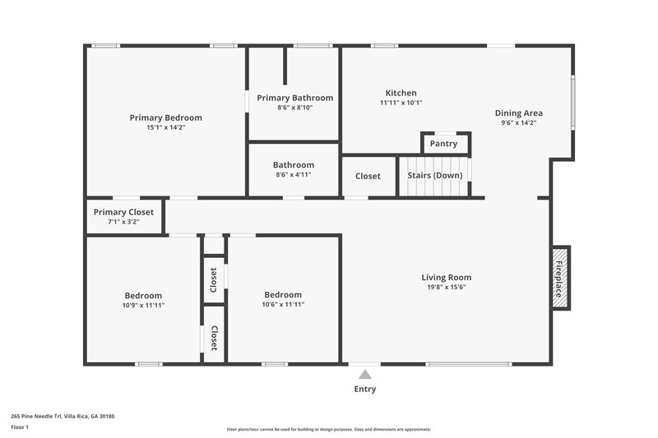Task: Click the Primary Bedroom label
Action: coord(165,118)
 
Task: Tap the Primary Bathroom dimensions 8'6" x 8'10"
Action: coord(294,108)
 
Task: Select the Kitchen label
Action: coord(401,93)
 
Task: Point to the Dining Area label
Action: coord(518,113)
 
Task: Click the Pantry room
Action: coord(444,144)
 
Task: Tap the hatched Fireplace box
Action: coord(559,277)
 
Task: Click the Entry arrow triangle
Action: coord(364,375)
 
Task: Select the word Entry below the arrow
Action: coord(364,390)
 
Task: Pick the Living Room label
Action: coord(446,277)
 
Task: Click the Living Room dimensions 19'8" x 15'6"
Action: coord(446,288)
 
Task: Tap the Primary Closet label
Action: coord(123,212)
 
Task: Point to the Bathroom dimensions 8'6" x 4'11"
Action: coord(294,174)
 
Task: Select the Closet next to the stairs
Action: coord(368,177)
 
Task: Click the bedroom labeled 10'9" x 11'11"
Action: coord(143,301)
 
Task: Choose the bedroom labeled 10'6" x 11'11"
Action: coord(282,300)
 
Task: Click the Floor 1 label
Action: coord(20,427)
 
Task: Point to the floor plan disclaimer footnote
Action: coord(328,429)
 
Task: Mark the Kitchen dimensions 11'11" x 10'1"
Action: coord(401,103)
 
